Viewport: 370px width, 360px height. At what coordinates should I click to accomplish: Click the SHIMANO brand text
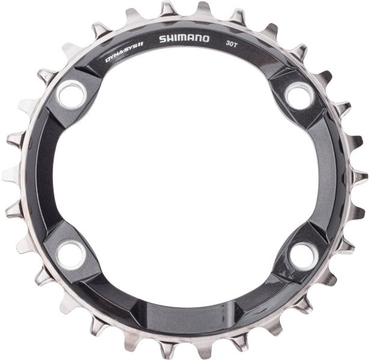[184, 39]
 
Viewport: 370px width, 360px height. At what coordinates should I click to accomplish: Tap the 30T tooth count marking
[231, 44]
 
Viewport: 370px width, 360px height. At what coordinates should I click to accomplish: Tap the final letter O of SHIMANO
[206, 39]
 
